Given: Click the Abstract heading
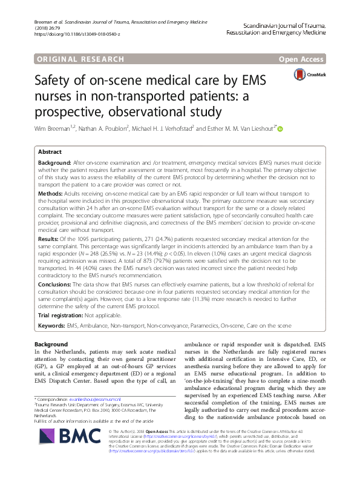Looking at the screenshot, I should [50, 153].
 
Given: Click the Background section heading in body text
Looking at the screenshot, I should [51, 344].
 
